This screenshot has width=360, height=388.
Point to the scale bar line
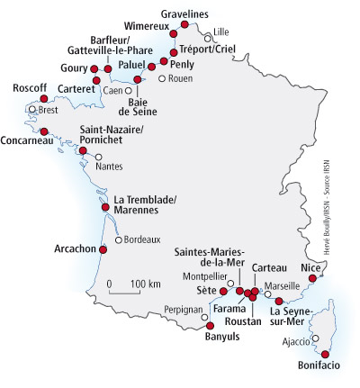[123, 293]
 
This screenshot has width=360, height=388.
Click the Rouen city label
[179, 78]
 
